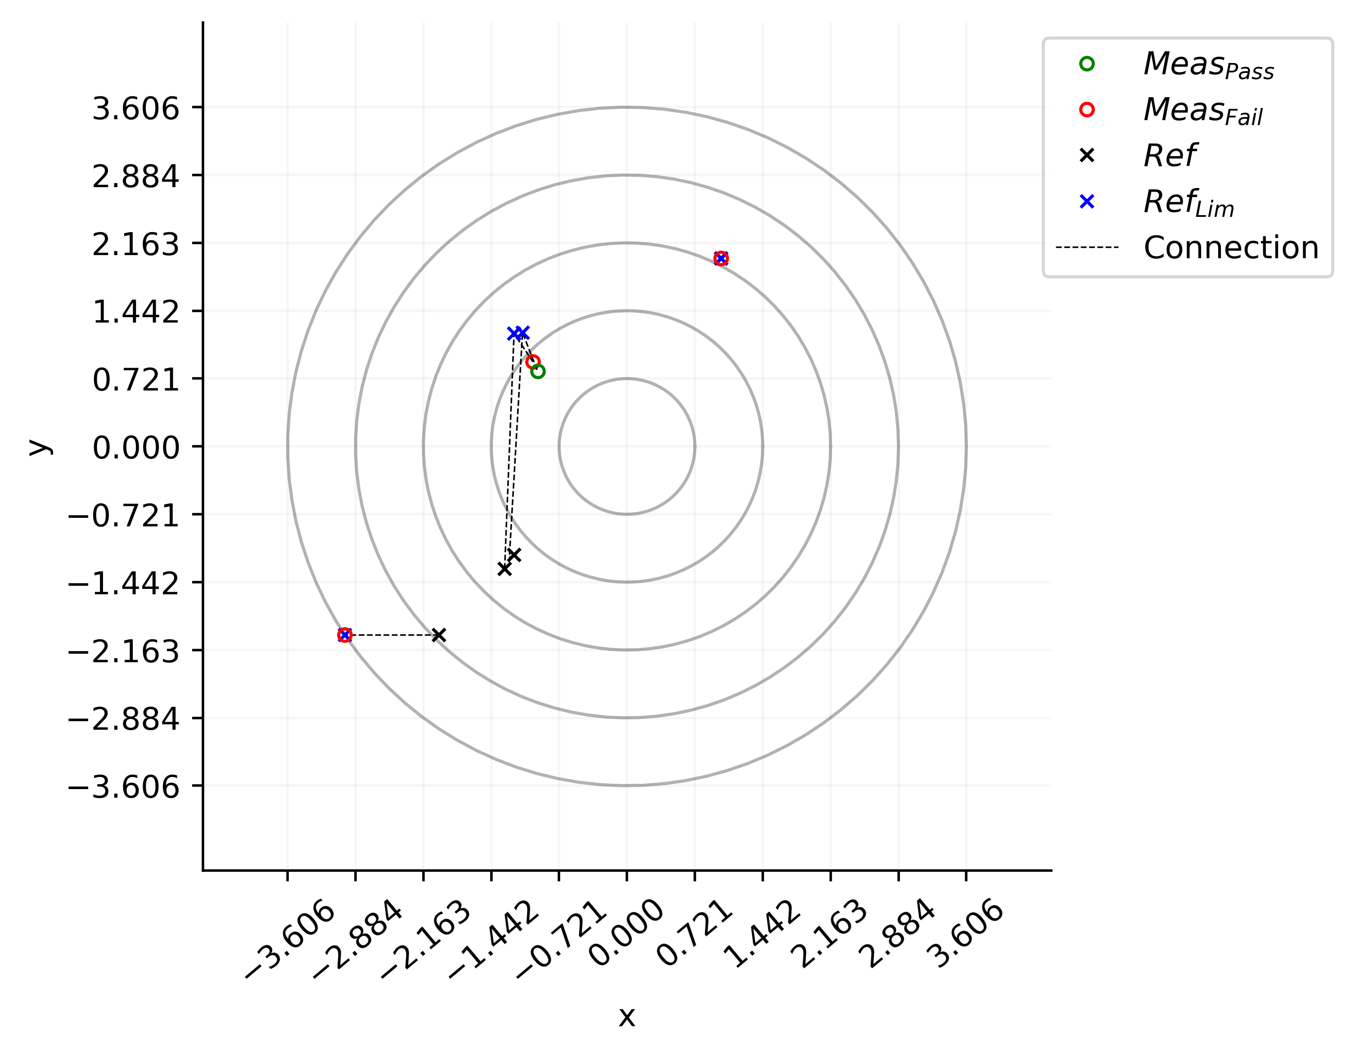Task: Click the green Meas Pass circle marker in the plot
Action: click(x=538, y=372)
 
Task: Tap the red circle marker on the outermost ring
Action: click(x=345, y=634)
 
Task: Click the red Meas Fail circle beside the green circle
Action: click(x=532, y=362)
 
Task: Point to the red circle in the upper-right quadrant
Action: click(x=720, y=258)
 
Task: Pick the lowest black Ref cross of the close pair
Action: click(x=504, y=569)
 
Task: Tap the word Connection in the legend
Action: click(x=1231, y=247)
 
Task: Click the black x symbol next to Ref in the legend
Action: click(x=1086, y=156)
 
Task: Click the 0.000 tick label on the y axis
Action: click(x=135, y=447)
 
